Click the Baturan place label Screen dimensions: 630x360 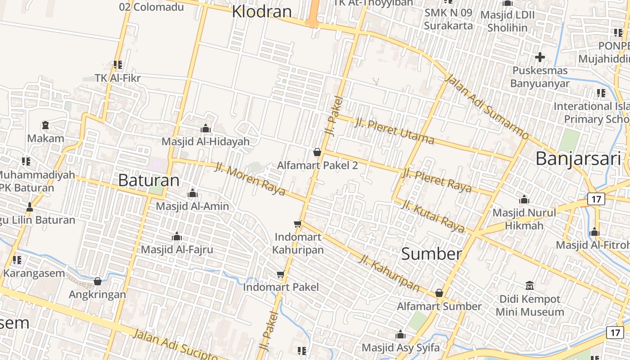[x=148, y=180]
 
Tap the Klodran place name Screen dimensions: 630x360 [x=262, y=11]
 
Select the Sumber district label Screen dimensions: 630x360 [x=431, y=254]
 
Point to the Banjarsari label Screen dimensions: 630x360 [x=578, y=158]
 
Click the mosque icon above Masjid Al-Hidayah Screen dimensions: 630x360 [x=206, y=129]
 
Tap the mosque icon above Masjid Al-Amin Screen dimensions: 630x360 [x=193, y=193]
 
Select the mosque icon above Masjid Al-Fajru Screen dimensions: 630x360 [x=177, y=236]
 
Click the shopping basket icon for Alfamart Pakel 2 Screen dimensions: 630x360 [x=317, y=152]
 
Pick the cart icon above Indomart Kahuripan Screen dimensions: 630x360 [x=297, y=224]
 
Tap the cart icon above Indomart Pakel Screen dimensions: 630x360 [x=281, y=274]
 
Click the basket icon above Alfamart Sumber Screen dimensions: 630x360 [x=439, y=293]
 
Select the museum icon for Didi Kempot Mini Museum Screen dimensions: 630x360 [x=529, y=286]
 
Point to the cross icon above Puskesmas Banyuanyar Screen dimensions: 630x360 [x=540, y=57]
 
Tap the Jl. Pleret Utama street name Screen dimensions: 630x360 [x=394, y=131]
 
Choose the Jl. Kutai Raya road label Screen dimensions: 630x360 [x=432, y=216]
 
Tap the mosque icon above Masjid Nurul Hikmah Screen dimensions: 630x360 [x=524, y=199]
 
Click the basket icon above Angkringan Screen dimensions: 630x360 [x=98, y=281]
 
